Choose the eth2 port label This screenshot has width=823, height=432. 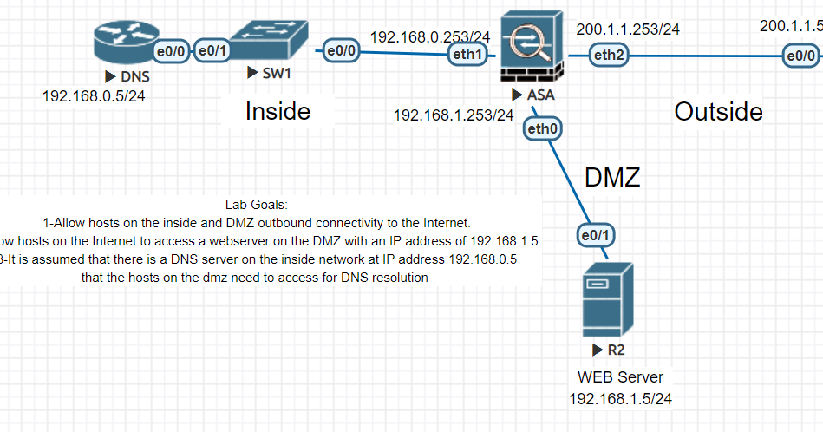pyautogui.click(x=608, y=56)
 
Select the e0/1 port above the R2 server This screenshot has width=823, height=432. pyautogui.click(x=594, y=234)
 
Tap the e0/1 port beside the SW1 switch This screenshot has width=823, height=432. pyautogui.click(x=212, y=51)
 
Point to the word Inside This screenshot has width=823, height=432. pyautogui.click(x=278, y=111)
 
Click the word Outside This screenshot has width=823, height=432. pyautogui.click(x=718, y=111)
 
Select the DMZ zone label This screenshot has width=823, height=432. pyautogui.click(x=612, y=178)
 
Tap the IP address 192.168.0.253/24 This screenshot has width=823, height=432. pyautogui.click(x=430, y=37)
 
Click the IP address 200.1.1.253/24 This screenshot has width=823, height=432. pyautogui.click(x=628, y=29)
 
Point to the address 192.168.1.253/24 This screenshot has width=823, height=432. pyautogui.click(x=453, y=115)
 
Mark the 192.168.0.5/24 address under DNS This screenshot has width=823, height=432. pyautogui.click(x=94, y=95)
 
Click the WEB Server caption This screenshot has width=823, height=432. pyautogui.click(x=620, y=377)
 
